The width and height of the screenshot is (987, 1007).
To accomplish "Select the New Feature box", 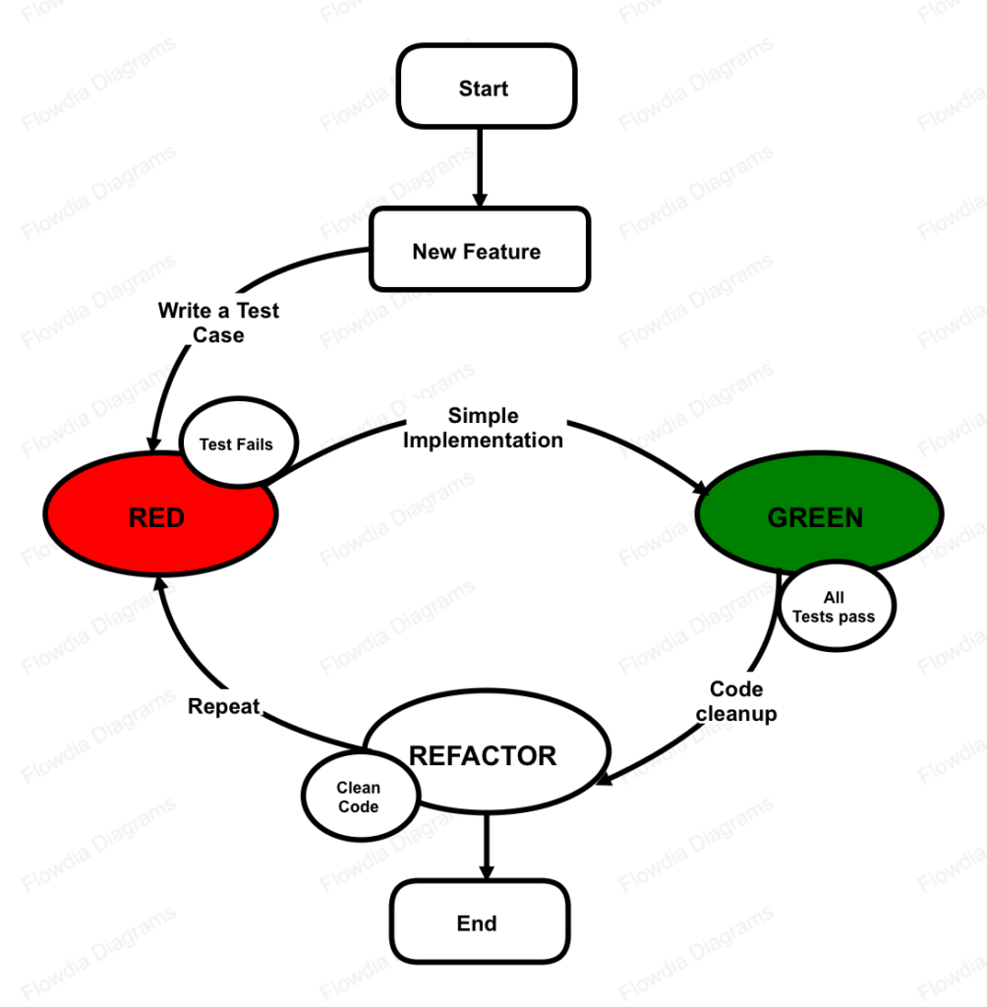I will click(479, 250).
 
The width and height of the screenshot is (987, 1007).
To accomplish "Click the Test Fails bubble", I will click(236, 444).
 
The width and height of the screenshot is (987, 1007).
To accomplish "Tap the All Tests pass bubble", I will click(835, 607).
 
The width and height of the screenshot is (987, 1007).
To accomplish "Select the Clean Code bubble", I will click(357, 797).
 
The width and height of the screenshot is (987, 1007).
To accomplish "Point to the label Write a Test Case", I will click(218, 323).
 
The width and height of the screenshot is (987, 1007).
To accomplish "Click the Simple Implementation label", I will click(483, 428).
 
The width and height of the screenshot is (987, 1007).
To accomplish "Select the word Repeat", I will click(223, 706).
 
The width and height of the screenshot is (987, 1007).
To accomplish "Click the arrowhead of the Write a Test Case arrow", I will click(154, 442).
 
